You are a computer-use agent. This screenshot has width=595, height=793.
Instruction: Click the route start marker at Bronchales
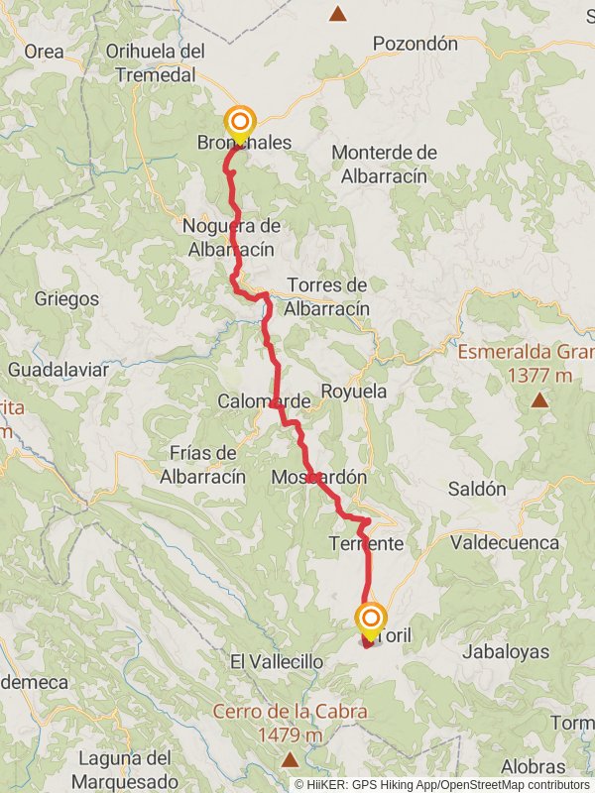(x=239, y=123)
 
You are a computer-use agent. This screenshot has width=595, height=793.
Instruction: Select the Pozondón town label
(x=416, y=44)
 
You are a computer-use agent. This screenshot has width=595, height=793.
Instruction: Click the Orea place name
(x=43, y=52)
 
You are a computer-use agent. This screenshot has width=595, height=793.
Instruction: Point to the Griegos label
(x=66, y=298)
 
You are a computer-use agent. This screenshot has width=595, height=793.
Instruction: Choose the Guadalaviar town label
(x=59, y=370)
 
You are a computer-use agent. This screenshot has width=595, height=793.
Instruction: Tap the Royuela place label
(x=354, y=392)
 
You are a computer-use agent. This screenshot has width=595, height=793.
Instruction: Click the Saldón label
(x=477, y=489)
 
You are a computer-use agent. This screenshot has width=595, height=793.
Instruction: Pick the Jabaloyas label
(x=507, y=652)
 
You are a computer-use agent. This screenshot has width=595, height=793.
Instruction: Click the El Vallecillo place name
(x=277, y=661)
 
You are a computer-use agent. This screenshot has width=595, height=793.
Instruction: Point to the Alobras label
(x=534, y=767)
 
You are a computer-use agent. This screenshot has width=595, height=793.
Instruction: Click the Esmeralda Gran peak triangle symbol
(x=538, y=400)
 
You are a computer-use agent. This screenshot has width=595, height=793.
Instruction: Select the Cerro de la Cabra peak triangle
(x=290, y=760)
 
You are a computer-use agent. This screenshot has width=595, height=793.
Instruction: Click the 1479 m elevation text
(x=288, y=735)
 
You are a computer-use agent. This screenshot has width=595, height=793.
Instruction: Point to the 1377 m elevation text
(x=539, y=375)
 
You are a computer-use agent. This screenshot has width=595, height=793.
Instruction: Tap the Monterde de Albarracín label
(x=384, y=164)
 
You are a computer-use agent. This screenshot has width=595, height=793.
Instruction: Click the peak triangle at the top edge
(x=338, y=14)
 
